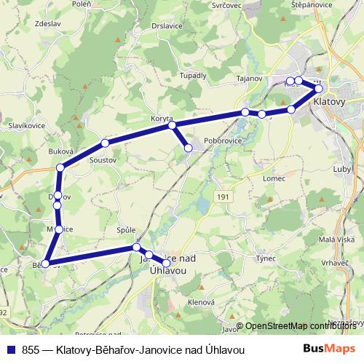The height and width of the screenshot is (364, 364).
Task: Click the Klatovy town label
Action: point(328,103)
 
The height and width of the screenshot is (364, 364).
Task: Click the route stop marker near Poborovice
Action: point(189,149)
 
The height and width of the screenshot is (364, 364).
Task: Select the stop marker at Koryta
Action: point(173,126)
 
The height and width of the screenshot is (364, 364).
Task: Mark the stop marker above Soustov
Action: point(105,143)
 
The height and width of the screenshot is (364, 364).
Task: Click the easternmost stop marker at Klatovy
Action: point(319,88)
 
